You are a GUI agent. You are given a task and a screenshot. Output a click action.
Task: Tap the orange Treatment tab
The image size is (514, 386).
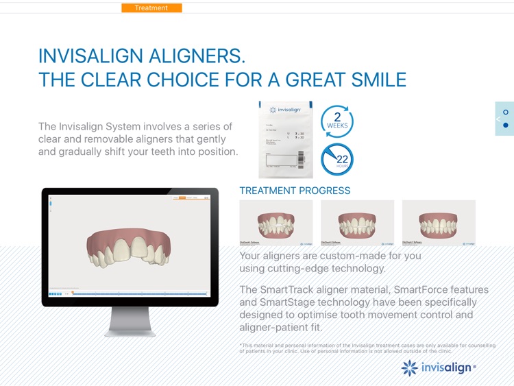151,8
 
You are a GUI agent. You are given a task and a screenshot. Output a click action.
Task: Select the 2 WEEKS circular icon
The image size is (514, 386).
337,120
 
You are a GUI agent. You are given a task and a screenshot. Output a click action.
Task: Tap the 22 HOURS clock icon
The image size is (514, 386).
337,160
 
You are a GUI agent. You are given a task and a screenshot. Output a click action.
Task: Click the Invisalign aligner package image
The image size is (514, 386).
286,139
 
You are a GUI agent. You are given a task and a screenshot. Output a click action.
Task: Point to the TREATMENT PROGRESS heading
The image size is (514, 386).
295,191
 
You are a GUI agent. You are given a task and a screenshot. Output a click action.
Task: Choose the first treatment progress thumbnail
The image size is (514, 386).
276,223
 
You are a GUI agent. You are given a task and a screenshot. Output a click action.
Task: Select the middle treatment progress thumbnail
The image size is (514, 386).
357,223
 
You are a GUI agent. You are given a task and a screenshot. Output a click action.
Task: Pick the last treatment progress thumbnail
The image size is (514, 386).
439,223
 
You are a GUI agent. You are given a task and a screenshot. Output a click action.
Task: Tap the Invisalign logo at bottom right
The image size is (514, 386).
439,367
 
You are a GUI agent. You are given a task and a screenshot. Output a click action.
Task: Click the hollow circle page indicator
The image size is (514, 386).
506,112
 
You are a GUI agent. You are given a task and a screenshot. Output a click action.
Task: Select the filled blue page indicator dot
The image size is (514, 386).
506,125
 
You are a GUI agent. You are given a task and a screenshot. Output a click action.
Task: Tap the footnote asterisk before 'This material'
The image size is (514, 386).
241,345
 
